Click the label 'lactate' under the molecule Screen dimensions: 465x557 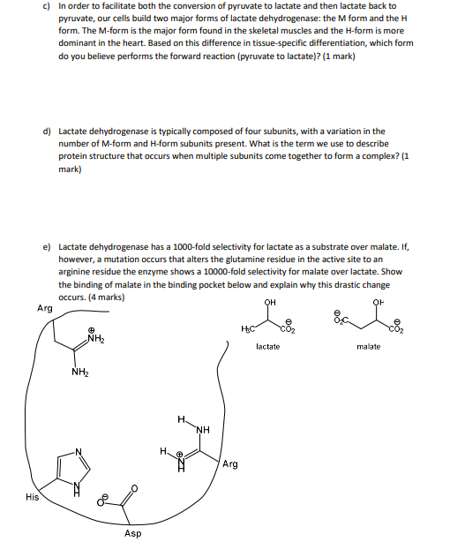[x=268, y=346]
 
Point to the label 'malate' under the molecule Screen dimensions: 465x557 [x=369, y=346]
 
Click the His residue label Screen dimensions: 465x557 [x=33, y=497]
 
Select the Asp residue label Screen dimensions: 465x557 [x=132, y=533]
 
